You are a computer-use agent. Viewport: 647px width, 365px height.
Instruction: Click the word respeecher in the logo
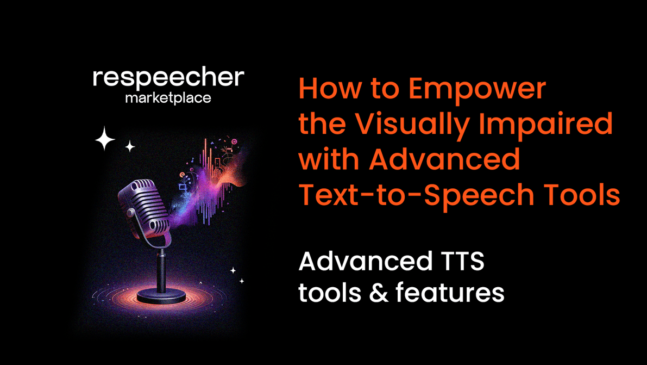pyautogui.click(x=168, y=78)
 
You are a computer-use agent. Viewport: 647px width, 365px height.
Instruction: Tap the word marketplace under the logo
pyautogui.click(x=168, y=98)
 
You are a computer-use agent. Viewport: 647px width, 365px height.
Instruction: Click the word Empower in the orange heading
pyautogui.click(x=477, y=89)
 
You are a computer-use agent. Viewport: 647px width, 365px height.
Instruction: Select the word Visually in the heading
pyautogui.click(x=416, y=124)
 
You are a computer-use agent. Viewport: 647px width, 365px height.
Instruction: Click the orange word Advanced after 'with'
pyautogui.click(x=444, y=159)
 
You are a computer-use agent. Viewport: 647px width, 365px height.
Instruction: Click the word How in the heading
pyautogui.click(x=324, y=89)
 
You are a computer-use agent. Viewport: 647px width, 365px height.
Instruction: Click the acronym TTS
pyautogui.click(x=460, y=262)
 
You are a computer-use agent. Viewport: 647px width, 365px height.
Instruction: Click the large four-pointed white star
pyautogui.click(x=105, y=139)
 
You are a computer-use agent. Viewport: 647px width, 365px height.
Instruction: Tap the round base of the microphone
pyautogui.click(x=161, y=296)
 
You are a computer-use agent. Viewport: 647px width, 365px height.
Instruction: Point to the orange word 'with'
pyautogui.click(x=329, y=159)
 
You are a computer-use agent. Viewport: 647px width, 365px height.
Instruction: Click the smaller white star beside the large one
pyautogui.click(x=130, y=146)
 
